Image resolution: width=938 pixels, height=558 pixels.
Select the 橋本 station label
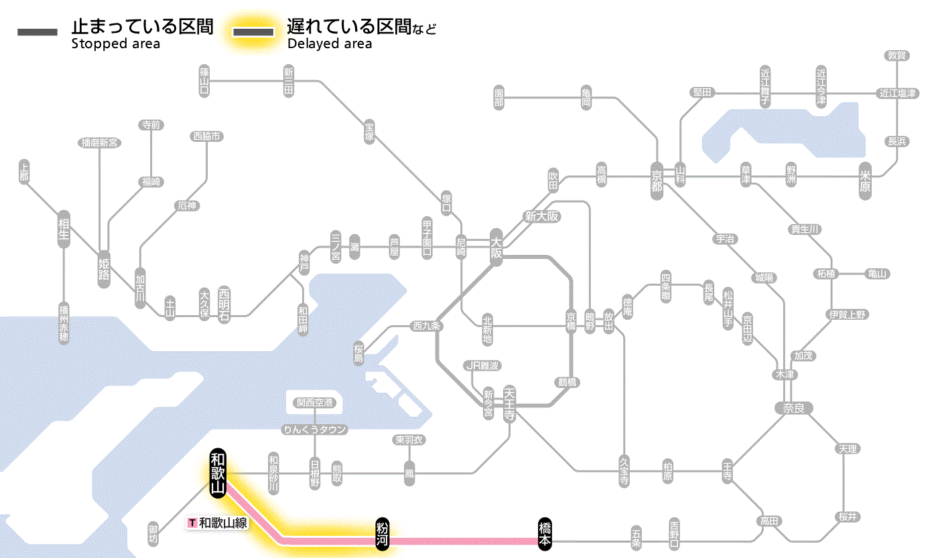pyautogui.click(x=545, y=534)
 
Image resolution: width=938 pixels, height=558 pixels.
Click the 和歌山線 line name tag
pyautogui.click(x=218, y=523)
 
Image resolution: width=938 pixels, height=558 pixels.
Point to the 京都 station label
pyautogui.click(x=657, y=179)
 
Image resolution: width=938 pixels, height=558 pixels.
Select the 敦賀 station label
pyautogui.click(x=896, y=56)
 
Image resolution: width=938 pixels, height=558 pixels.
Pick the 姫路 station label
pyautogui.click(x=104, y=269)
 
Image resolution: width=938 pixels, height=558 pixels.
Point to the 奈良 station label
pyautogui.click(x=793, y=407)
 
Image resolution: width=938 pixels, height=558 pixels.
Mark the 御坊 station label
pyautogui.click(x=154, y=534)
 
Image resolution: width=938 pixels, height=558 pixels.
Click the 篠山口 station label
pyautogui.click(x=204, y=81)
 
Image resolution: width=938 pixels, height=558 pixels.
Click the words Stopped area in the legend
pyautogui.click(x=116, y=44)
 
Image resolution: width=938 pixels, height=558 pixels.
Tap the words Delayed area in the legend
pyautogui.click(x=329, y=44)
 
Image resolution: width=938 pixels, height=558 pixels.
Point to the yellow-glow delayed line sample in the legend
pyautogui.click(x=253, y=32)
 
